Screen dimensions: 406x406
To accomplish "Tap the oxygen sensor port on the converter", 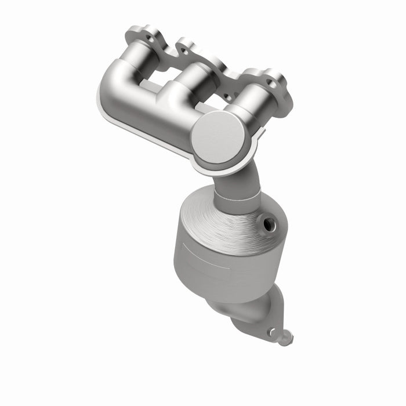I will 269,223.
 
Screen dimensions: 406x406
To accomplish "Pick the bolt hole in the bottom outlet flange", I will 270,331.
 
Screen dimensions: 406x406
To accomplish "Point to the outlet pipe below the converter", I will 244,313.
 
